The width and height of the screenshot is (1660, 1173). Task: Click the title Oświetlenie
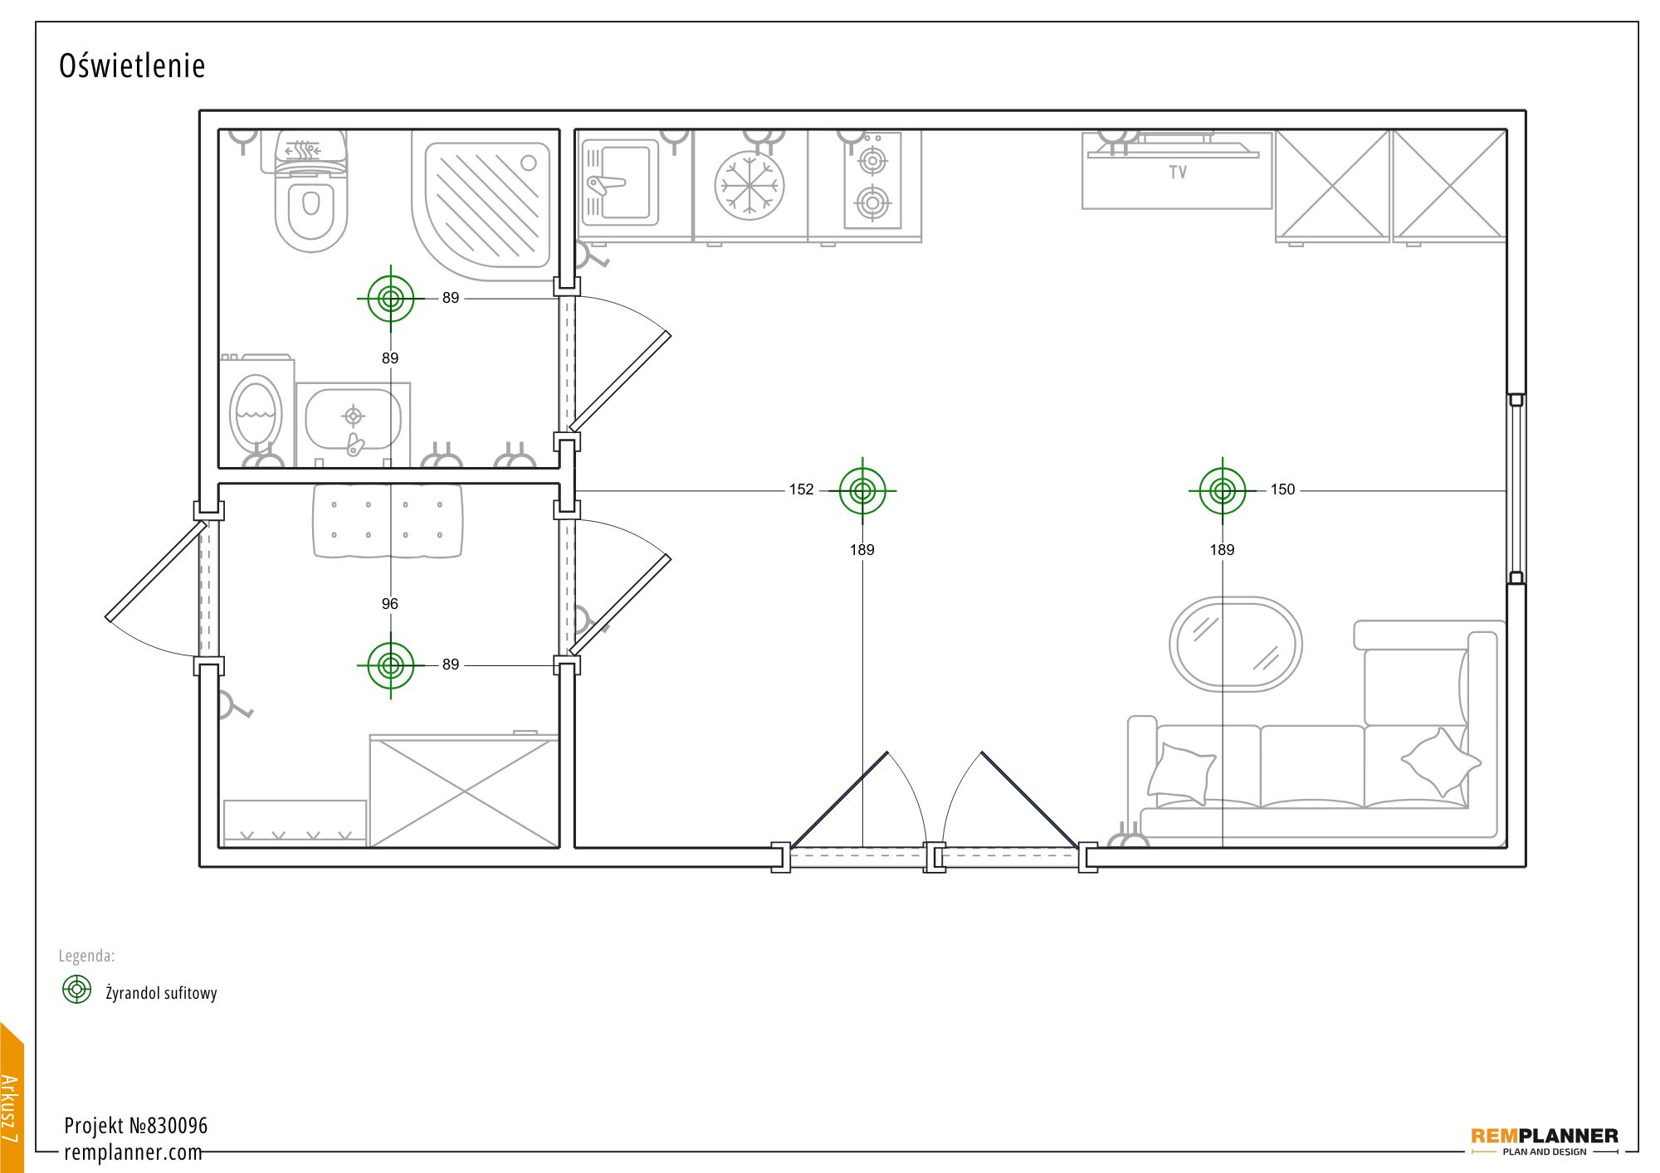click(x=132, y=66)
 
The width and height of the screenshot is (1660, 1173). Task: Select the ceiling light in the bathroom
click(x=390, y=298)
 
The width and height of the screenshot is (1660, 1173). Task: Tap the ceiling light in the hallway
click(x=390, y=665)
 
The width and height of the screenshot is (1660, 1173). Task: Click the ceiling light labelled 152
click(x=862, y=491)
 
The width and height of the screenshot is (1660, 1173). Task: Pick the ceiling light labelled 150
click(x=1223, y=491)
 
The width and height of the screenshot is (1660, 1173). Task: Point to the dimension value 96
click(x=390, y=604)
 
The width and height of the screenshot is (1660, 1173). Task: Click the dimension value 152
click(x=801, y=489)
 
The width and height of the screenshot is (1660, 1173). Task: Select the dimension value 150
click(x=1282, y=489)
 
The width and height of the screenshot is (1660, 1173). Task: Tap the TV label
click(x=1178, y=173)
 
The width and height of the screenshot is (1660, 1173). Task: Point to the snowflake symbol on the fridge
click(x=749, y=185)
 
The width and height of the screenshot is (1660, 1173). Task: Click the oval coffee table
click(x=1236, y=644)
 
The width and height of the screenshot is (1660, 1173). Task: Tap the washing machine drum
click(x=256, y=413)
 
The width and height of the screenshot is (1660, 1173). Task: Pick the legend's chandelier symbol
click(x=77, y=989)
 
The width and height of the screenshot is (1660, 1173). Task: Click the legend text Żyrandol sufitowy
click(x=161, y=992)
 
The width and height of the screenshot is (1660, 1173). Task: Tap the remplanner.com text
click(x=133, y=1152)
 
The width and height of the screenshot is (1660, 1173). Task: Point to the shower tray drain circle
click(x=529, y=163)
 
